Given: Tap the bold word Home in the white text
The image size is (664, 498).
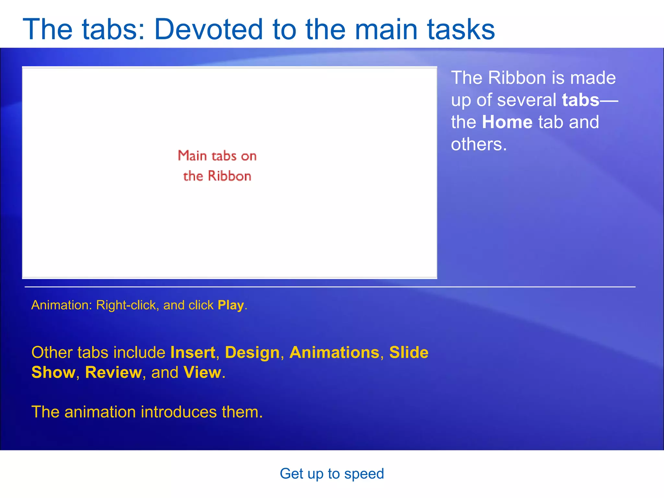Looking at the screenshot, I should click(507, 122).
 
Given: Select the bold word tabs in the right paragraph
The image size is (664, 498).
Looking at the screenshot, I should click(580, 100).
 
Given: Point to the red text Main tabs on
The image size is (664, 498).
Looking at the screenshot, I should click(217, 156).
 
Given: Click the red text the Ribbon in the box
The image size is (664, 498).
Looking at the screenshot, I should click(217, 176).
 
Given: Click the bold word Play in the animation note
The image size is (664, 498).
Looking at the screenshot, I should click(231, 305).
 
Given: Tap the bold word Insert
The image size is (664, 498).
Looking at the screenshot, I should click(193, 352).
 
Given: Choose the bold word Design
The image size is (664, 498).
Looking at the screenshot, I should click(252, 352).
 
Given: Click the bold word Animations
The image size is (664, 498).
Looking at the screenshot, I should click(334, 352).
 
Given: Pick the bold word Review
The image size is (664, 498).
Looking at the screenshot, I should click(113, 373).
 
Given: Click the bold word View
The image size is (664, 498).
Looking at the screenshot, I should click(202, 373).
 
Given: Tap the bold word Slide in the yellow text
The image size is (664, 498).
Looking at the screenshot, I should click(409, 352).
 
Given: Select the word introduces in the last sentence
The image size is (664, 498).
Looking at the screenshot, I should click(178, 412).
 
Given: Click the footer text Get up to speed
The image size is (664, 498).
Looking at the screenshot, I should click(332, 474).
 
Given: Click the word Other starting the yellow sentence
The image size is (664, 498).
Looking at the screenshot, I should click(52, 352).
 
